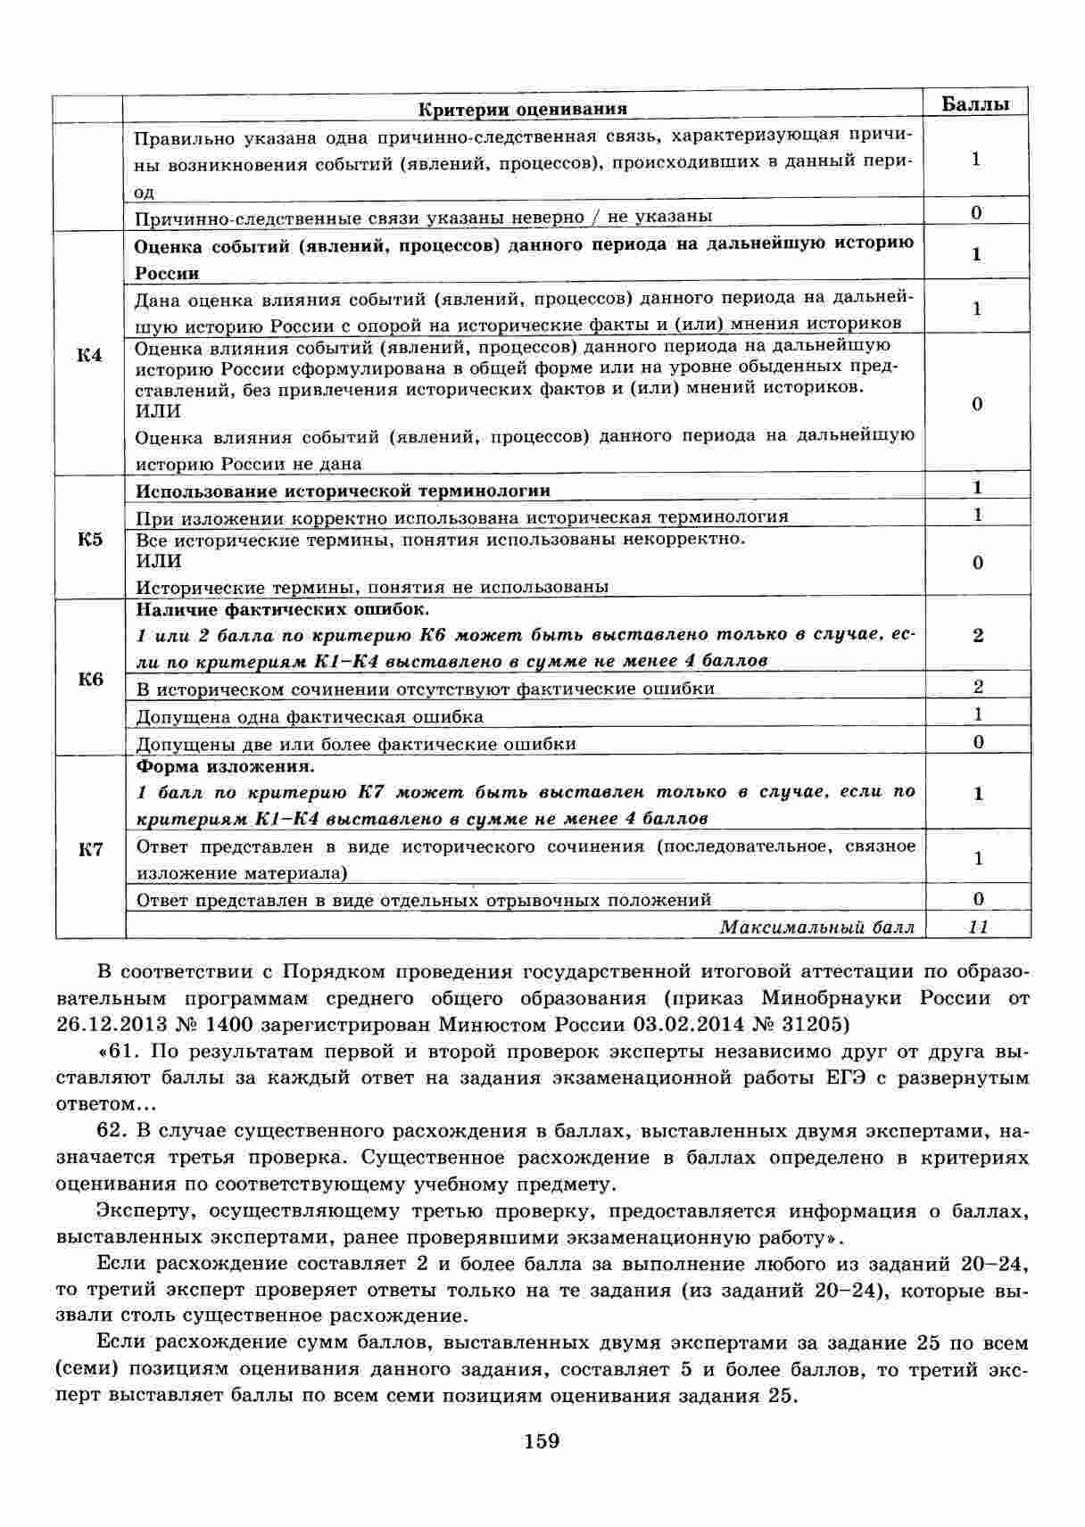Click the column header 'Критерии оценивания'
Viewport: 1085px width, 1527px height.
coord(523,109)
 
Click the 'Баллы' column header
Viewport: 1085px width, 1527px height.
coord(976,103)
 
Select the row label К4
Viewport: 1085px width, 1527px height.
coord(89,356)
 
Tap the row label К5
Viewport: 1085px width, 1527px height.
coord(89,540)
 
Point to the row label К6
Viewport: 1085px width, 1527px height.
coord(89,680)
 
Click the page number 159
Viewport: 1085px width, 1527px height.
coord(542,1440)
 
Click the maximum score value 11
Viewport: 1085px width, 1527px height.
coord(978,927)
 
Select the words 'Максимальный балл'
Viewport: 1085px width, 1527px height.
coord(816,928)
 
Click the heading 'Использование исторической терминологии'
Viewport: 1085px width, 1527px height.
coord(343,491)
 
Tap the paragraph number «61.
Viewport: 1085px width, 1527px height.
coord(117,1052)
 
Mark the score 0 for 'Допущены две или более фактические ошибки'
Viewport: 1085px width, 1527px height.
coord(978,742)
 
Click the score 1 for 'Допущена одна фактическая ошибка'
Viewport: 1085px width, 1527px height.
coord(978,714)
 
